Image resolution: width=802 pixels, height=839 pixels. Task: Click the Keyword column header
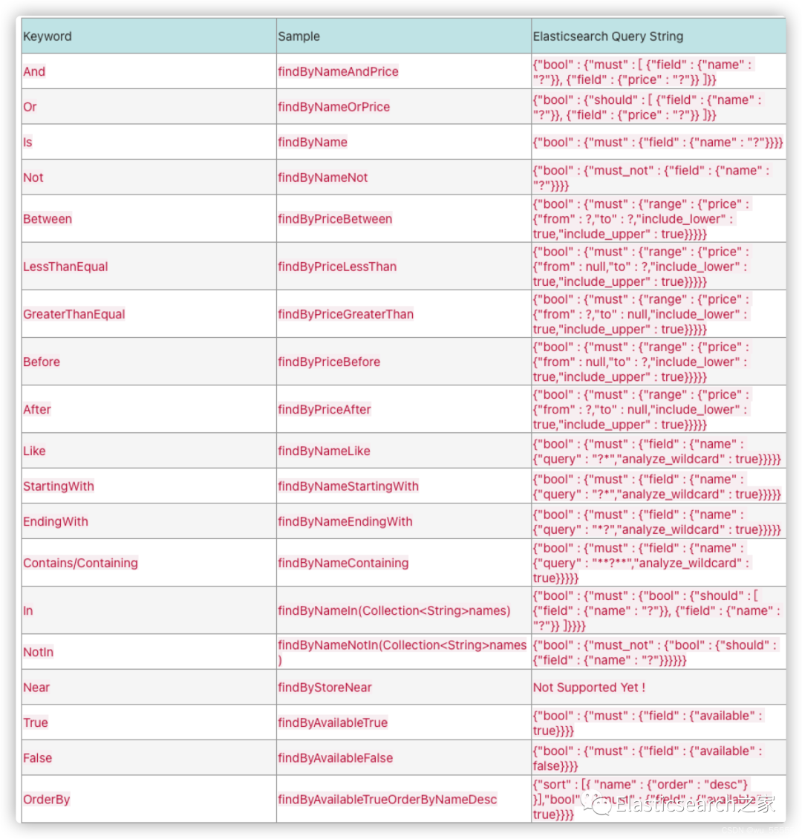(x=48, y=36)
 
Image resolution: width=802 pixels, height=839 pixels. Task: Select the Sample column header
(x=299, y=36)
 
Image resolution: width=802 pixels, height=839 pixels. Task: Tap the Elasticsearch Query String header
(x=607, y=36)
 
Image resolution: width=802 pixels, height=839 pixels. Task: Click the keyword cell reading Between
(x=48, y=219)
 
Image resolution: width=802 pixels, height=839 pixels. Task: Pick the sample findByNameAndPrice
(x=338, y=72)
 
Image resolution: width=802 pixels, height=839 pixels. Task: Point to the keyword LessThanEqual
(x=65, y=267)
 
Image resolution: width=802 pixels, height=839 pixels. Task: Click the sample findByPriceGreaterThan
(x=345, y=314)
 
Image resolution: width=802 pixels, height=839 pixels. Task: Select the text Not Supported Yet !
(x=589, y=688)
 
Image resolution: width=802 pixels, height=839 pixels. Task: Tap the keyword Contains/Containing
(x=80, y=563)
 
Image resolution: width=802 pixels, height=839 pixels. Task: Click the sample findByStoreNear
(x=325, y=688)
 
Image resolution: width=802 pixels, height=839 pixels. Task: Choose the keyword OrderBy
(x=46, y=800)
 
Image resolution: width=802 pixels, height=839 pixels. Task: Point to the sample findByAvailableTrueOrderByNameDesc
(x=387, y=800)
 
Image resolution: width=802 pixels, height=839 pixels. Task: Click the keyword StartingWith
(x=59, y=486)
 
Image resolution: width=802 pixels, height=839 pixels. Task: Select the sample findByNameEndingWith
(x=345, y=521)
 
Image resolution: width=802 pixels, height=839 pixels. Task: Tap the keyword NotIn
(x=38, y=652)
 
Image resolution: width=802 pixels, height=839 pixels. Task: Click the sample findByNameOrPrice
(x=333, y=107)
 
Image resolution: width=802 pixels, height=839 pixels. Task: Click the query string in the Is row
(x=657, y=143)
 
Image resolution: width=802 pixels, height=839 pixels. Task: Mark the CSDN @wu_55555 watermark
(x=757, y=830)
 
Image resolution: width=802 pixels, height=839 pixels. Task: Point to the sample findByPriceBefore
(x=329, y=362)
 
